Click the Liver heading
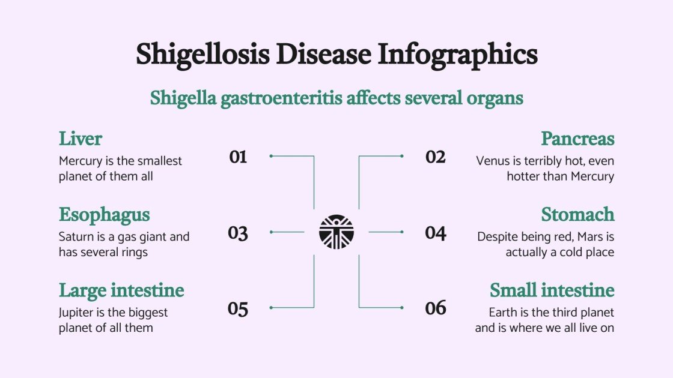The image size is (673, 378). (81, 139)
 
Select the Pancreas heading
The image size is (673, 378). (577, 139)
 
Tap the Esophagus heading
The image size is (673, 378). (104, 215)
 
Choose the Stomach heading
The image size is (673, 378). (577, 214)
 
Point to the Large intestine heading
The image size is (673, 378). (121, 290)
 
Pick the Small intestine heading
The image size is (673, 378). (552, 290)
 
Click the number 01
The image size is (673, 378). (238, 157)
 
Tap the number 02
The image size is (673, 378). (436, 157)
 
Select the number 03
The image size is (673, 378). (238, 233)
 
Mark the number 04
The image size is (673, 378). (436, 233)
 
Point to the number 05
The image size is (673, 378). (238, 309)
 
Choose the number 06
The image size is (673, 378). (436, 308)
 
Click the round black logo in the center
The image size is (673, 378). (336, 232)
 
